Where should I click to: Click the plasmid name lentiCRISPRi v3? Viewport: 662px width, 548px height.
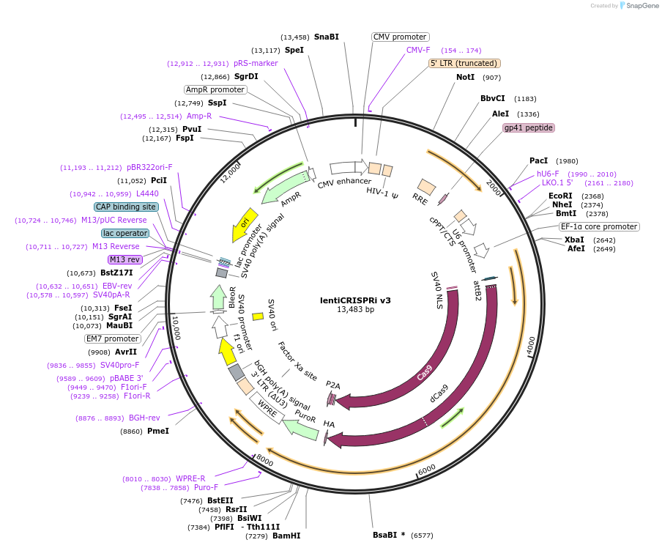click(355, 300)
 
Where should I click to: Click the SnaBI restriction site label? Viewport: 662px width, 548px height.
click(327, 37)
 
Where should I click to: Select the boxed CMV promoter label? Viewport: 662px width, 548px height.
click(400, 37)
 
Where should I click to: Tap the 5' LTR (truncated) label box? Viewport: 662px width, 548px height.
click(464, 64)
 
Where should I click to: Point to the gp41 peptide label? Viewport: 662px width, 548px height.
click(528, 127)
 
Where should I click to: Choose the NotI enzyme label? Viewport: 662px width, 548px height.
click(465, 77)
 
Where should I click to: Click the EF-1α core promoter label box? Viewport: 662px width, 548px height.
click(599, 226)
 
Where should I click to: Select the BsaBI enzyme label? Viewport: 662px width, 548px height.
click(384, 535)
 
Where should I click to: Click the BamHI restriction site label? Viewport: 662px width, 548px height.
click(286, 536)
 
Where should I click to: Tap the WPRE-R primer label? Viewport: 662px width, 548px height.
click(190, 478)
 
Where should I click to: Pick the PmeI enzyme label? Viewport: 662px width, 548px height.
click(158, 431)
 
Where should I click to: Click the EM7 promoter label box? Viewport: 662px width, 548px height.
click(112, 338)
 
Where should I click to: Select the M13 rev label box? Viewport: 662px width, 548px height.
click(124, 259)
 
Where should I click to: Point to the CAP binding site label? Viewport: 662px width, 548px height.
click(126, 207)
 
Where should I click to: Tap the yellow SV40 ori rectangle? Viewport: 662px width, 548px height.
click(258, 316)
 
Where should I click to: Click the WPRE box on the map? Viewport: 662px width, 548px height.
click(267, 408)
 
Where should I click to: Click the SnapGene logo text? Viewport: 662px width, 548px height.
click(641, 5)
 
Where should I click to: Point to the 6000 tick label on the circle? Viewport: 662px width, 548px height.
click(427, 469)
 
